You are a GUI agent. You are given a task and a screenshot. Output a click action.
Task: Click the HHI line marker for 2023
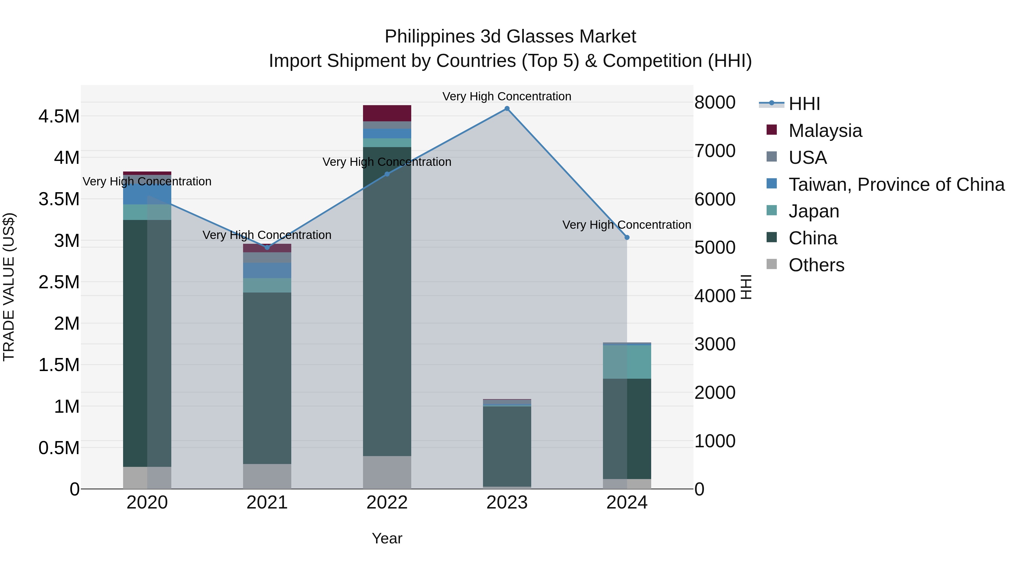point(507,109)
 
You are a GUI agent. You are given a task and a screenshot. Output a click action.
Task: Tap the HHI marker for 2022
point(387,174)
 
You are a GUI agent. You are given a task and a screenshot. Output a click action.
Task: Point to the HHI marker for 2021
point(267,247)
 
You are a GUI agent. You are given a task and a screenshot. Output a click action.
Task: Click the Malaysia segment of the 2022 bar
point(387,113)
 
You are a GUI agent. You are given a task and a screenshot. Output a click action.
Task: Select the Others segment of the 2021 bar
point(267,476)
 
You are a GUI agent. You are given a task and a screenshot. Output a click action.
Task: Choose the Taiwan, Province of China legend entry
point(896,185)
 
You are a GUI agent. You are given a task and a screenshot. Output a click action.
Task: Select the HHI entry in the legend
point(804,104)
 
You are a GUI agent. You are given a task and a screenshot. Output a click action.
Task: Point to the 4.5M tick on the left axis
point(59,117)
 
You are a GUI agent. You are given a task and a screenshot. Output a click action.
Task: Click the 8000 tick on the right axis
point(715,102)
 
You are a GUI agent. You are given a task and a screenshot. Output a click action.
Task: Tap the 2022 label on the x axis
point(387,503)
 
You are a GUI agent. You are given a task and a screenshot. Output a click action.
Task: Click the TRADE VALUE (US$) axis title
point(9,287)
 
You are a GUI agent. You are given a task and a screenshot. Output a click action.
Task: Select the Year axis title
point(387,538)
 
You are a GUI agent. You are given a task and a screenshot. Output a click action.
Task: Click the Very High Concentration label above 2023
point(507,96)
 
